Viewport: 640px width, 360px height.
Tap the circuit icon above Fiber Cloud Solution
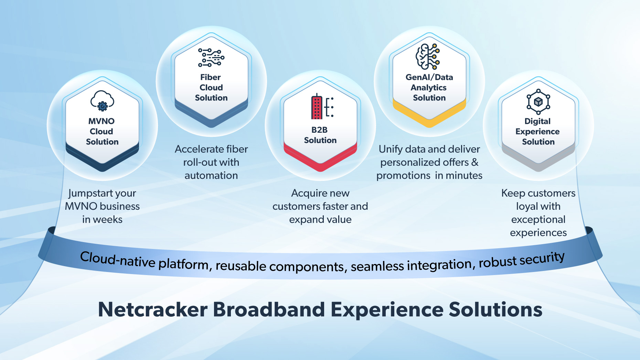point(211,57)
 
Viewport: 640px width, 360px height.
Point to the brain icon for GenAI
point(428,56)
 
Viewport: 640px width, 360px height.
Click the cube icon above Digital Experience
point(538,102)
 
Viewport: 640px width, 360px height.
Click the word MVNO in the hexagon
point(102,121)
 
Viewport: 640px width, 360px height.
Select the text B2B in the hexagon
point(319,130)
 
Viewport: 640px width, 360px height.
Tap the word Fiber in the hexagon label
point(210,77)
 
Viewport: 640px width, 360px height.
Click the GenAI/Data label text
point(429,77)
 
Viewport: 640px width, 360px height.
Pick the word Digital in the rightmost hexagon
point(537,121)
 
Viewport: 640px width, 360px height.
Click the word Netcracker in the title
point(153,309)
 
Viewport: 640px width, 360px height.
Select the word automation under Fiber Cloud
point(211,176)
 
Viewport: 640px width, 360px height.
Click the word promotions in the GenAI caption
point(403,176)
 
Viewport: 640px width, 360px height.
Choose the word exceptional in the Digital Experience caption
point(538,220)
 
